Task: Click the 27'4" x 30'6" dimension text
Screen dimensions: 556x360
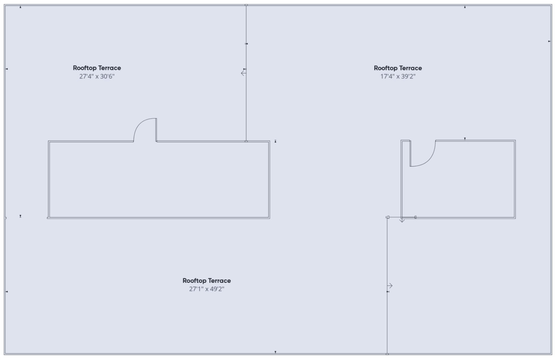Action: pyautogui.click(x=97, y=76)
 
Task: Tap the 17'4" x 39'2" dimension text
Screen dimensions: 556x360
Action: pyautogui.click(x=398, y=76)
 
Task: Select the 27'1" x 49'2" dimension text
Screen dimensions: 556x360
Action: pyautogui.click(x=207, y=289)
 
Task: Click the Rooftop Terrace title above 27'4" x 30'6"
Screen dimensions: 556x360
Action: pyautogui.click(x=97, y=68)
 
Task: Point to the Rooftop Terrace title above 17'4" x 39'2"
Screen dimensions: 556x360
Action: pyautogui.click(x=398, y=68)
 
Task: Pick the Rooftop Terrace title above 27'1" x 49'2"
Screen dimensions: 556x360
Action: pyautogui.click(x=207, y=281)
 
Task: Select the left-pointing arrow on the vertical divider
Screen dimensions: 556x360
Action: pyautogui.click(x=243, y=73)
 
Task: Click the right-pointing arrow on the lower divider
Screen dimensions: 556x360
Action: pyautogui.click(x=390, y=286)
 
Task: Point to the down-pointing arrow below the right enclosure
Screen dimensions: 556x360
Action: pyautogui.click(x=402, y=220)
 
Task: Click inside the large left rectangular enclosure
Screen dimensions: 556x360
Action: pyautogui.click(x=159, y=180)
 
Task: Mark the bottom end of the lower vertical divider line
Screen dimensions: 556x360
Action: pyautogui.click(x=387, y=354)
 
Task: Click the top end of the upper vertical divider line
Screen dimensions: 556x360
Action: pyautogui.click(x=246, y=5)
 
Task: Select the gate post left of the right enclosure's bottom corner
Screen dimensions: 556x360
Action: pyautogui.click(x=387, y=217)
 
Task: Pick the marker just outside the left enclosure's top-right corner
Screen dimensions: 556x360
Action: pyautogui.click(x=275, y=141)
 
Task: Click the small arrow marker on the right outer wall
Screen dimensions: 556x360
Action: pyautogui.click(x=549, y=41)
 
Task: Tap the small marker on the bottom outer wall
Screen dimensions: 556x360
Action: pyautogui.click(x=275, y=352)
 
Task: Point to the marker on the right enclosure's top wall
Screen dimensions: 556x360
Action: pyautogui.click(x=465, y=139)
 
